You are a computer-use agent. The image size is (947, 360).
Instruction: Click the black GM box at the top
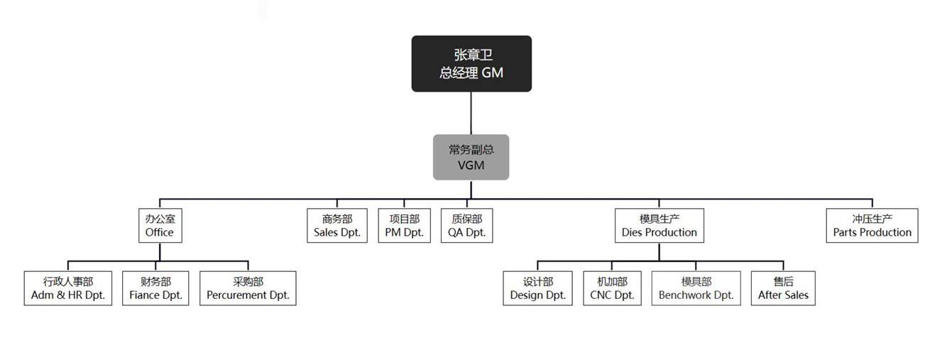471,64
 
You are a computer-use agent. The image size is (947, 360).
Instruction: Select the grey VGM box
471,157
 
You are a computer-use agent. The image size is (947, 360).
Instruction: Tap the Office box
160,225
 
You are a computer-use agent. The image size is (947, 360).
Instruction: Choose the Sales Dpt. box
337,225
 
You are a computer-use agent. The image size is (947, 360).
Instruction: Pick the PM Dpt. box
404,225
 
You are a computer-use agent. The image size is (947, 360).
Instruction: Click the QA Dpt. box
466,225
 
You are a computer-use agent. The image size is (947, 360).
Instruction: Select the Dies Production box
659,225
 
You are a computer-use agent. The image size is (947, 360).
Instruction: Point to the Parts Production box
872,225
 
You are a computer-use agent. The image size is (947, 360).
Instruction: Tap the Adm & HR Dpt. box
68,288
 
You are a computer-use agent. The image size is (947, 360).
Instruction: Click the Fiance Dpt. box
155,288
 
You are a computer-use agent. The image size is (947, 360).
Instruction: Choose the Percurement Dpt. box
248,288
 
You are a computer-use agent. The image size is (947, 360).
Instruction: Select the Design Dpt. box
537,288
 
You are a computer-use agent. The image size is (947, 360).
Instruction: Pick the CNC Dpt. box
612,288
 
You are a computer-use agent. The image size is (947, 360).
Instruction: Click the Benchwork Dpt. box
696,288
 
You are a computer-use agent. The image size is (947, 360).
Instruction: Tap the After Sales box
783,288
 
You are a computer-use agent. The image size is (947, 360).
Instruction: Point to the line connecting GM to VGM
471,113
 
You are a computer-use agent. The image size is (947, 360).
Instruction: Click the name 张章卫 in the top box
471,55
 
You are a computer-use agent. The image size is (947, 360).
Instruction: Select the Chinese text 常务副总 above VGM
471,149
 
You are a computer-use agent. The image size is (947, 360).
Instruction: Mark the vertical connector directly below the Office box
160,252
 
